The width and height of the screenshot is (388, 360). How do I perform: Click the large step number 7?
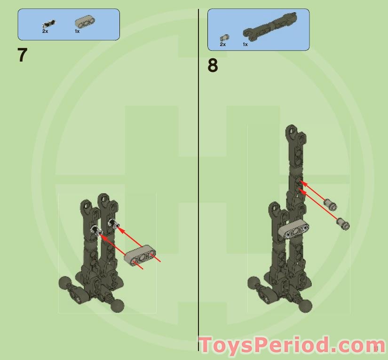click(23, 55)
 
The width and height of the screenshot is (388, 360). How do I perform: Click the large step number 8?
click(213, 65)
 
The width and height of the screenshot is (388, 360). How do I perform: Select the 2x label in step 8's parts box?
click(223, 44)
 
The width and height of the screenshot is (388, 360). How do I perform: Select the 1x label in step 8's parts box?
click(245, 44)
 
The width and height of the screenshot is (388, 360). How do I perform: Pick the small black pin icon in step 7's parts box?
click(48, 23)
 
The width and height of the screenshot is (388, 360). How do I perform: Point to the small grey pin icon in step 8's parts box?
click(224, 37)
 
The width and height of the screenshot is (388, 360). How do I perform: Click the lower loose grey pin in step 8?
click(343, 223)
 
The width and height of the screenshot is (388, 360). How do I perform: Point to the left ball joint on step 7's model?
click(64, 283)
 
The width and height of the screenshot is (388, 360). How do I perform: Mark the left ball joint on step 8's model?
click(254, 283)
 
